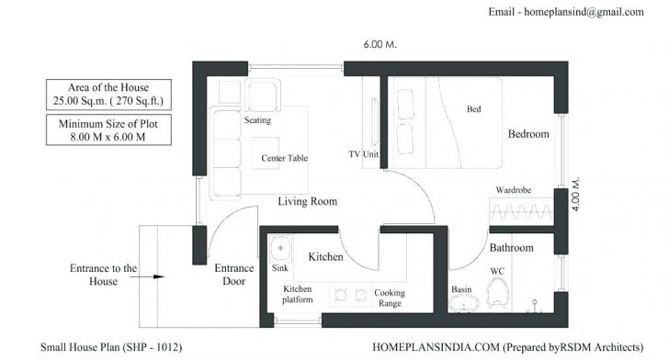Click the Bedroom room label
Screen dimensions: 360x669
528,134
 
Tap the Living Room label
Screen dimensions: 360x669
308,201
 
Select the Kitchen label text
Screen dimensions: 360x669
325,256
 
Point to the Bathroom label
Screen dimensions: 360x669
511,248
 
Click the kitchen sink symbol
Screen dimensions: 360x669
280,249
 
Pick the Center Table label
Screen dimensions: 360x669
284,158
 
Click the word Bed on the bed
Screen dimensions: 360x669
474,109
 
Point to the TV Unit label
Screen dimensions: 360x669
363,153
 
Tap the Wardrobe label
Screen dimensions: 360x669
515,190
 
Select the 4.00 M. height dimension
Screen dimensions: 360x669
575,195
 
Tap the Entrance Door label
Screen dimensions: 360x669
234,275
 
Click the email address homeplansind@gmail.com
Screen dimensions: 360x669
579,12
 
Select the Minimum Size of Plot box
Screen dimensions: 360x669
102,129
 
